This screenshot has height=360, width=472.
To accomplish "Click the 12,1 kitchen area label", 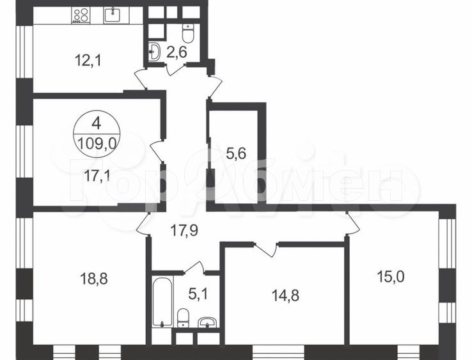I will coord(89,61).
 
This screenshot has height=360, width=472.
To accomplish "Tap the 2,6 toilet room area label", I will coord(177,52).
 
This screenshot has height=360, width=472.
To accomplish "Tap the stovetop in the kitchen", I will coord(80,15).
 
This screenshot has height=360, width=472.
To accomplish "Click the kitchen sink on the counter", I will coord(113,14).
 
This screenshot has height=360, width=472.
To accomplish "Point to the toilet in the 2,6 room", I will coord(188,31).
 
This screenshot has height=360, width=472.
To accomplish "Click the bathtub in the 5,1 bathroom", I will coord(162,301).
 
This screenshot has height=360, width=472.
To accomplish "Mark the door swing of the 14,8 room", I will coord(269,249).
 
